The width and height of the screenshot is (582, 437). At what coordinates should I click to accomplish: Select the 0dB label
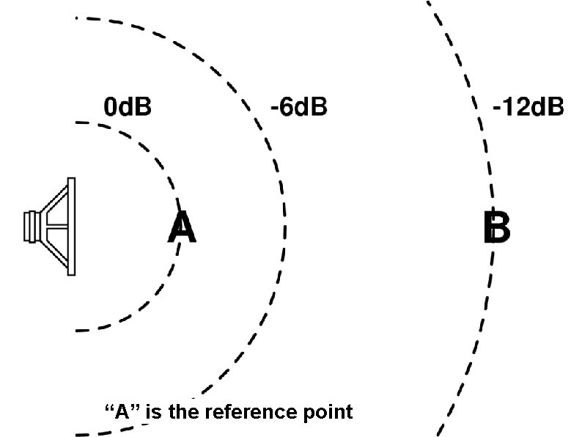coord(128,107)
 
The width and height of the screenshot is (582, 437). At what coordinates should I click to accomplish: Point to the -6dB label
coord(298,107)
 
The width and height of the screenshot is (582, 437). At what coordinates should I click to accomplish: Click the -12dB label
coord(528,107)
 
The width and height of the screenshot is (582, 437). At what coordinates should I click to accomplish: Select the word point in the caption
coord(328,412)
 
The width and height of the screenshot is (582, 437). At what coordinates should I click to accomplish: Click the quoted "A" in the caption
coord(123,411)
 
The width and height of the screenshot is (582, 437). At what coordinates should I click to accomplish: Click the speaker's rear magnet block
coord(30,227)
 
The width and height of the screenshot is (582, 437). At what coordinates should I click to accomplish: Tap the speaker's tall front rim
coord(71,227)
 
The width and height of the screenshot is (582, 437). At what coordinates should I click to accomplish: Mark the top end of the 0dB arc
coord(77,122)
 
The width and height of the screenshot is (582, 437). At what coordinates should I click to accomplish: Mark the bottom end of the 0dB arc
coord(77,331)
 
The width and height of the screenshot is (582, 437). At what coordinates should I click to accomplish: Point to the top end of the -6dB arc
coord(77,17)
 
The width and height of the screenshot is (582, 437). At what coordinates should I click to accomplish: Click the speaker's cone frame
coord(54,227)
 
